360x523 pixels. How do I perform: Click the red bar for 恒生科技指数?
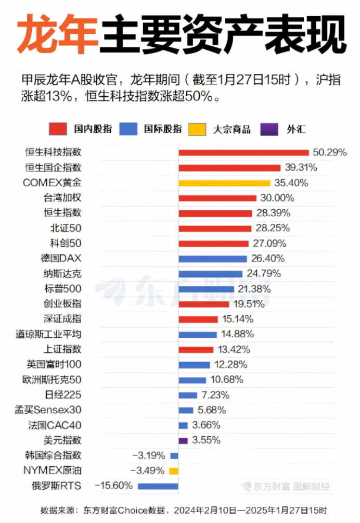(244, 152)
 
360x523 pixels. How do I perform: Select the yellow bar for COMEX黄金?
(224, 183)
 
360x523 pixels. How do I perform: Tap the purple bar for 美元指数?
(183, 440)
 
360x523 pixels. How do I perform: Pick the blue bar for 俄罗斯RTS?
(158, 486)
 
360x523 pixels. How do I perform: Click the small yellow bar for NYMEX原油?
(174, 470)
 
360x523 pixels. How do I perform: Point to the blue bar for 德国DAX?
(212, 259)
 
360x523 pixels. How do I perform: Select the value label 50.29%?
(329, 152)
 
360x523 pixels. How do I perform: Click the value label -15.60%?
(113, 486)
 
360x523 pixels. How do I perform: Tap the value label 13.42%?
(233, 349)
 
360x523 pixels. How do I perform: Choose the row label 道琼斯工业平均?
(48, 334)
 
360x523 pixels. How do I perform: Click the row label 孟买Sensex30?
(48, 410)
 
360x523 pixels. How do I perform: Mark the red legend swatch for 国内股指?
(58, 129)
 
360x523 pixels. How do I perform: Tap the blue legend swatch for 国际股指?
(128, 129)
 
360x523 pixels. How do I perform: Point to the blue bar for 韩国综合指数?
(174, 456)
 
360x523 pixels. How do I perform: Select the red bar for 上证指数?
(196, 349)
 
